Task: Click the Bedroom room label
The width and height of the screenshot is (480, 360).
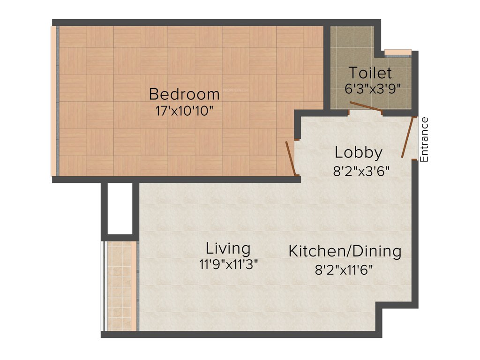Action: (x=184, y=94)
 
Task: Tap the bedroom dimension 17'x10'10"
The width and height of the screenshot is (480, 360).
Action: (x=184, y=111)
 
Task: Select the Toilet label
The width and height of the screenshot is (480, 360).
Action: (x=370, y=73)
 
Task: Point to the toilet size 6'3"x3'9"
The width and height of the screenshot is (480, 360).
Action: (x=373, y=89)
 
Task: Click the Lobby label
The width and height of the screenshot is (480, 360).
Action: (x=359, y=153)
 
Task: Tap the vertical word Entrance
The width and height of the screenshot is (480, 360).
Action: (x=424, y=140)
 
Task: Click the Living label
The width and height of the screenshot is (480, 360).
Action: (x=228, y=248)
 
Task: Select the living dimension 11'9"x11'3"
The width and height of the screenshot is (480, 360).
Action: (x=229, y=264)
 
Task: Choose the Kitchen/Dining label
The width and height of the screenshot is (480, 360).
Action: (x=345, y=251)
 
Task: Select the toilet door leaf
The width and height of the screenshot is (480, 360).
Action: (x=366, y=108)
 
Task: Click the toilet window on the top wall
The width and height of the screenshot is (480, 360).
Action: (x=397, y=52)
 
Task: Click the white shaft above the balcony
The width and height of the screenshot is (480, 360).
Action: (x=120, y=209)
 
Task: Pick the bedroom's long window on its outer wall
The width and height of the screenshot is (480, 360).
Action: (x=54, y=101)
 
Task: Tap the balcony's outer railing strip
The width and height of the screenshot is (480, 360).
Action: (x=102, y=286)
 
